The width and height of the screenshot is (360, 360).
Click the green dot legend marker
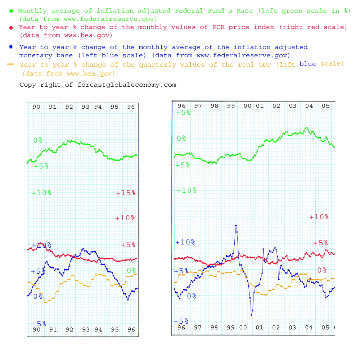[x=11, y=11]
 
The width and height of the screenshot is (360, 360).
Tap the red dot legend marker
[x=12, y=28]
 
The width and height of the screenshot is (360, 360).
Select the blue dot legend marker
[x=12, y=47]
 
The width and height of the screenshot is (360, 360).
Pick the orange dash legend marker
[x=11, y=64]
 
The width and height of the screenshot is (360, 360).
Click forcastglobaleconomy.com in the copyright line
[x=127, y=85]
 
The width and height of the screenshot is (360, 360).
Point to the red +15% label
[x=126, y=193]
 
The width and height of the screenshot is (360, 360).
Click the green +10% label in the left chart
[x=41, y=193]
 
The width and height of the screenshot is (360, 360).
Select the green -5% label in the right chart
[x=183, y=113]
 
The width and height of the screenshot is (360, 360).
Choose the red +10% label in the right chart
[x=319, y=217]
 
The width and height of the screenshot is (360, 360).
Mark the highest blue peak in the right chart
[x=236, y=225]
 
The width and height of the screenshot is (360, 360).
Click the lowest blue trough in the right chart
[x=251, y=315]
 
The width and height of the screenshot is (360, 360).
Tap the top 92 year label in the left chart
[x=69, y=107]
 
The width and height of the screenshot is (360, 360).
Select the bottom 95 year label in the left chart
[x=114, y=330]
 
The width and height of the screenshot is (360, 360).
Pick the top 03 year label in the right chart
[x=293, y=106]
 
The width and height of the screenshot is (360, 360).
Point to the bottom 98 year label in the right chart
[x=214, y=328]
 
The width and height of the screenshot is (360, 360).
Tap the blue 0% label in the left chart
[x=37, y=297]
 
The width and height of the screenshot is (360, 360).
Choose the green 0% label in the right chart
[x=181, y=138]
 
